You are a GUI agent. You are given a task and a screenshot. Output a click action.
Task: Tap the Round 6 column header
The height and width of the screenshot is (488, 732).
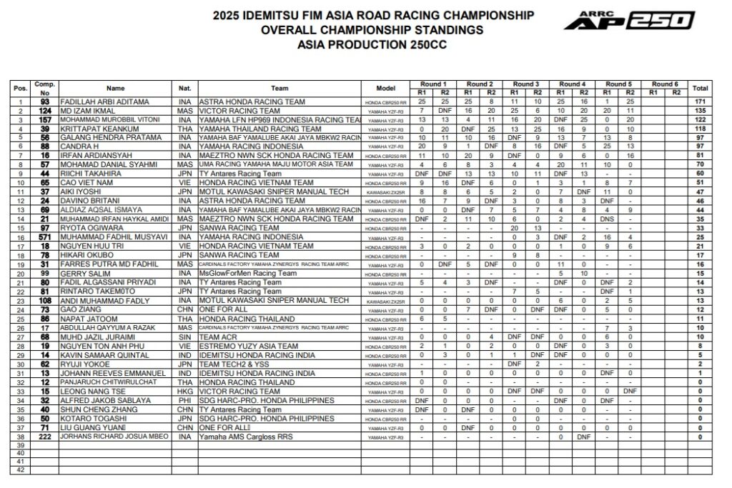[x=663, y=84]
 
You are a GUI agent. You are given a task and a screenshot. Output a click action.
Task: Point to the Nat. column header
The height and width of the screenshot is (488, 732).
[x=183, y=88]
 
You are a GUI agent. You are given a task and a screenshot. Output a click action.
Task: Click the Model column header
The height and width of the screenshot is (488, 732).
[x=390, y=88]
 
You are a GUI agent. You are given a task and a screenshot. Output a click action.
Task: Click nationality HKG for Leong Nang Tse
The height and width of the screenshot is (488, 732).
[x=183, y=392]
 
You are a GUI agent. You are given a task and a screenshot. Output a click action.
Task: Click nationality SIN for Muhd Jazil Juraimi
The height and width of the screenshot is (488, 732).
[x=183, y=337]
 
